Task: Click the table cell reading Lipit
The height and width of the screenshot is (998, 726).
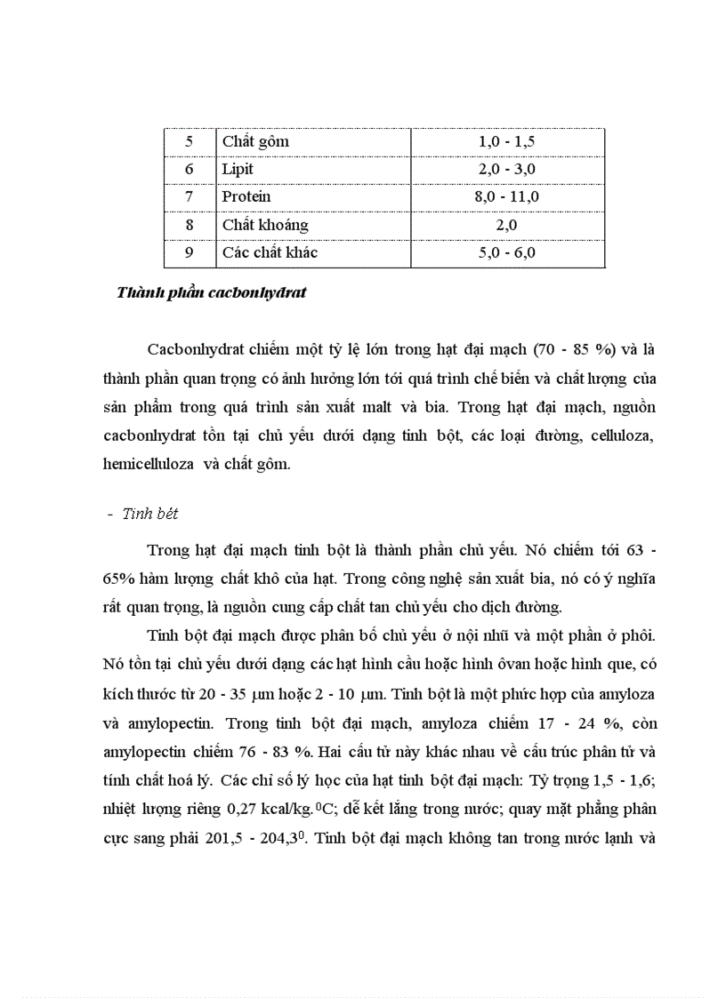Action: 238,169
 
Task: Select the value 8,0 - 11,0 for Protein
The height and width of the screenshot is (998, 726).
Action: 507,196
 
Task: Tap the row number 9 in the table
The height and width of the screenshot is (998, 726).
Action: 189,252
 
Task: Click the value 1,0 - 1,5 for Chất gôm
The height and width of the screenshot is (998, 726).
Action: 507,141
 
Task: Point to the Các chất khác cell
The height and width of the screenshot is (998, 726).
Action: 270,252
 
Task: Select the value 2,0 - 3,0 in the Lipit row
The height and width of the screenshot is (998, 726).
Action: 507,169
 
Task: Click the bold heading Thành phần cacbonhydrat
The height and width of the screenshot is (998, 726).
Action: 211,292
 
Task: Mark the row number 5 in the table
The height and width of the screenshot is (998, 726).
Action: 189,141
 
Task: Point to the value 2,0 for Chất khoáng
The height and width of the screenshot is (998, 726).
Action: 507,225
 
